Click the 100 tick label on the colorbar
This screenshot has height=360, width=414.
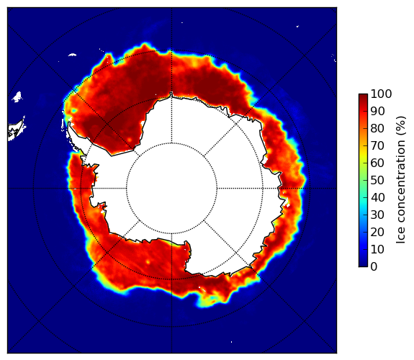click(x=381, y=94)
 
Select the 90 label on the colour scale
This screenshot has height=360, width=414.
click(x=377, y=111)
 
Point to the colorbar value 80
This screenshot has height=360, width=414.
click(x=377, y=129)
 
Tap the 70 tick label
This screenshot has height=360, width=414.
click(x=377, y=145)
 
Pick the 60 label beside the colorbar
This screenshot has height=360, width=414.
click(x=377, y=163)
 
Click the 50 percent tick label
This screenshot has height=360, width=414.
click(x=377, y=181)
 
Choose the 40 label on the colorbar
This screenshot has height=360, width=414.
click(x=377, y=197)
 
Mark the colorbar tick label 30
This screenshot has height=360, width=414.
click(x=377, y=215)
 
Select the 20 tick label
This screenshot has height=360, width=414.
click(x=377, y=232)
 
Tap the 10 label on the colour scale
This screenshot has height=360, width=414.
click(x=377, y=249)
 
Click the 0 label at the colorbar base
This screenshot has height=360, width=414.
click(x=374, y=267)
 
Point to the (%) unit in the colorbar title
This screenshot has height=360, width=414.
click(x=401, y=126)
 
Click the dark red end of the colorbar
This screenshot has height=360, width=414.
click(x=363, y=96)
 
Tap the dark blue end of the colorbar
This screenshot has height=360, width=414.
click(x=363, y=265)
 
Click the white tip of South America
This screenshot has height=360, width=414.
click(x=17, y=131)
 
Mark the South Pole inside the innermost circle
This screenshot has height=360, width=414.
click(x=171, y=189)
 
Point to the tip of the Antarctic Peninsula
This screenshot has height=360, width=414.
click(x=69, y=123)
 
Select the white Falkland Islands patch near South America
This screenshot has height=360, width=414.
click(x=17, y=96)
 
